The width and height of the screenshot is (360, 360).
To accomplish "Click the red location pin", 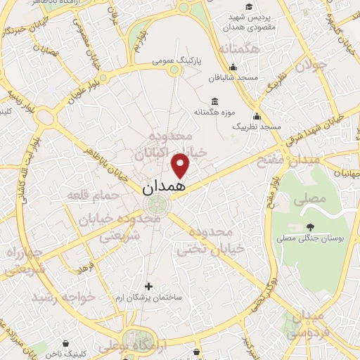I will (x=181, y=166).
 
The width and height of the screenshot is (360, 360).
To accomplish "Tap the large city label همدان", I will (x=165, y=187).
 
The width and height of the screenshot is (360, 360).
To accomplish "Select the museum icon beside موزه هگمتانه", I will (x=214, y=101).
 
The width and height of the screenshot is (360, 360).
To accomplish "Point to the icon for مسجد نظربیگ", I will (x=257, y=116).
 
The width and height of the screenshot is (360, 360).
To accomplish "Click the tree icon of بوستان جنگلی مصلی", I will (x=310, y=227).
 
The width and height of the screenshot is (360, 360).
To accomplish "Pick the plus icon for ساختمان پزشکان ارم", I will (x=148, y=286).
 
